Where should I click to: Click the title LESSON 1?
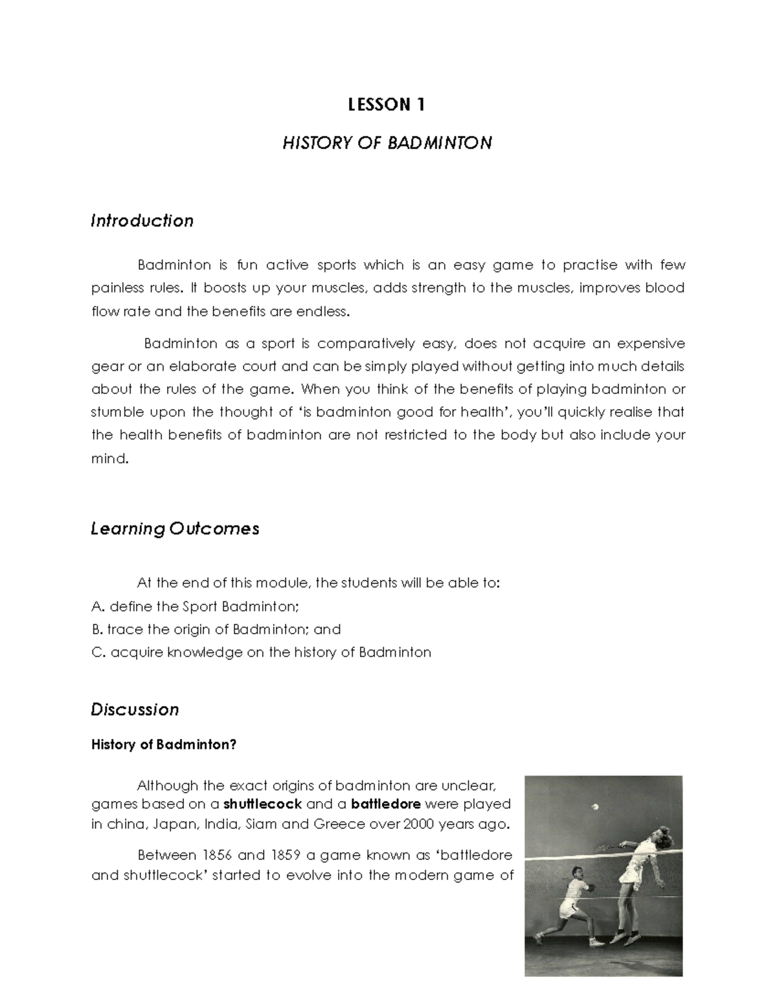(x=387, y=105)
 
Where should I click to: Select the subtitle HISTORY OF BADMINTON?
(x=387, y=142)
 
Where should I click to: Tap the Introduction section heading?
(x=142, y=221)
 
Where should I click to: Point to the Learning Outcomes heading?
(x=175, y=529)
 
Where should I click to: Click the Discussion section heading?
(x=135, y=709)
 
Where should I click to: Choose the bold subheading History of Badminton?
(x=164, y=744)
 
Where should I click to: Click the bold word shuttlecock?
(x=262, y=804)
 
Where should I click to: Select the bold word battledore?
(x=386, y=804)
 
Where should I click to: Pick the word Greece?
(x=340, y=824)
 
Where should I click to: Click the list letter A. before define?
(x=98, y=606)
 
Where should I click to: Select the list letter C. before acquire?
(x=98, y=652)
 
